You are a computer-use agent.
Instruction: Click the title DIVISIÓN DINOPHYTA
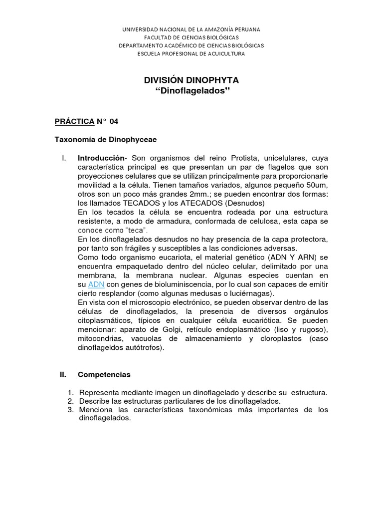(x=191, y=80)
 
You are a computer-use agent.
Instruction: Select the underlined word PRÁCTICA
(x=74, y=122)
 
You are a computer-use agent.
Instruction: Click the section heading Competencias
(x=104, y=374)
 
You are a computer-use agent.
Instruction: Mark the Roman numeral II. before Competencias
(x=63, y=374)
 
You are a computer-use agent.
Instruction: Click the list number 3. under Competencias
(x=70, y=410)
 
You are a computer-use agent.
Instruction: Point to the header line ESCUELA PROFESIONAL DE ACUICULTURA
(x=191, y=54)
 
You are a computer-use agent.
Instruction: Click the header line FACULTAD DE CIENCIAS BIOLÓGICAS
(x=191, y=37)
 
